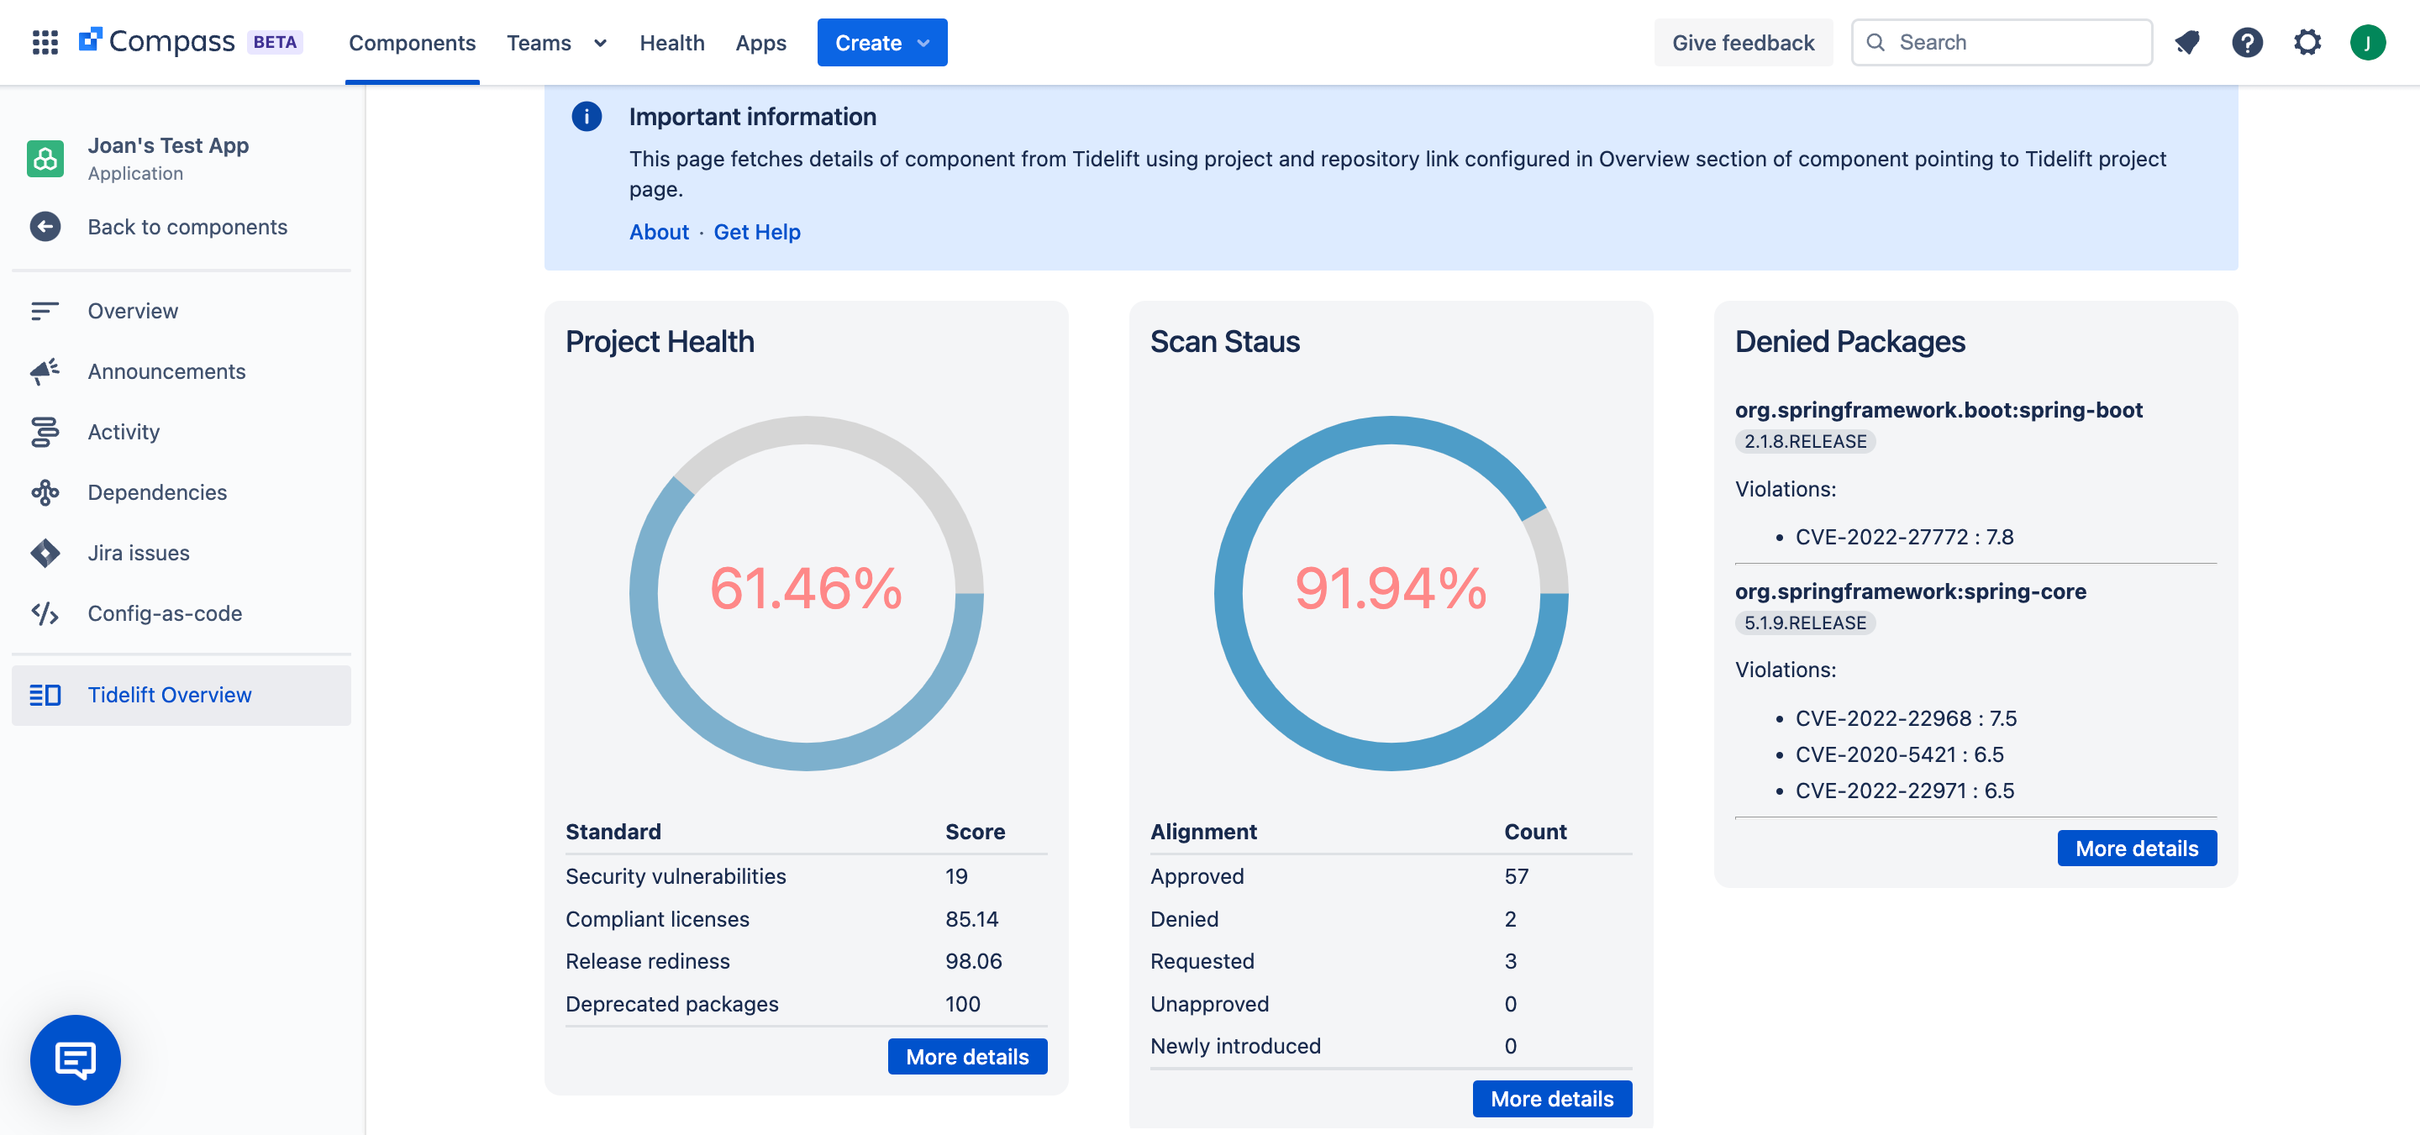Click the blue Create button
tap(881, 42)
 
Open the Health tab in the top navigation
tap(671, 42)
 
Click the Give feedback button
tap(1743, 42)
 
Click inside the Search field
tap(2011, 42)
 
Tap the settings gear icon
tap(2307, 42)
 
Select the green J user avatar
tap(2367, 42)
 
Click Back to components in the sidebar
tap(187, 227)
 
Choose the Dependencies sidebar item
tap(157, 492)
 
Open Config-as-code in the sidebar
tap(165, 613)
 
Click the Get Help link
tap(756, 232)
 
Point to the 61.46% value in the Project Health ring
tap(806, 589)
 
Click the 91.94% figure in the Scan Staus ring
tap(1391, 589)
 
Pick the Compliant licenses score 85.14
tap(971, 919)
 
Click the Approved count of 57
tap(1516, 875)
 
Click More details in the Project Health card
tap(966, 1057)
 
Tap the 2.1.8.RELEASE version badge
tap(1805, 442)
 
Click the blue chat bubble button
tap(75, 1060)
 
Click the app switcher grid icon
tap(45, 42)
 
